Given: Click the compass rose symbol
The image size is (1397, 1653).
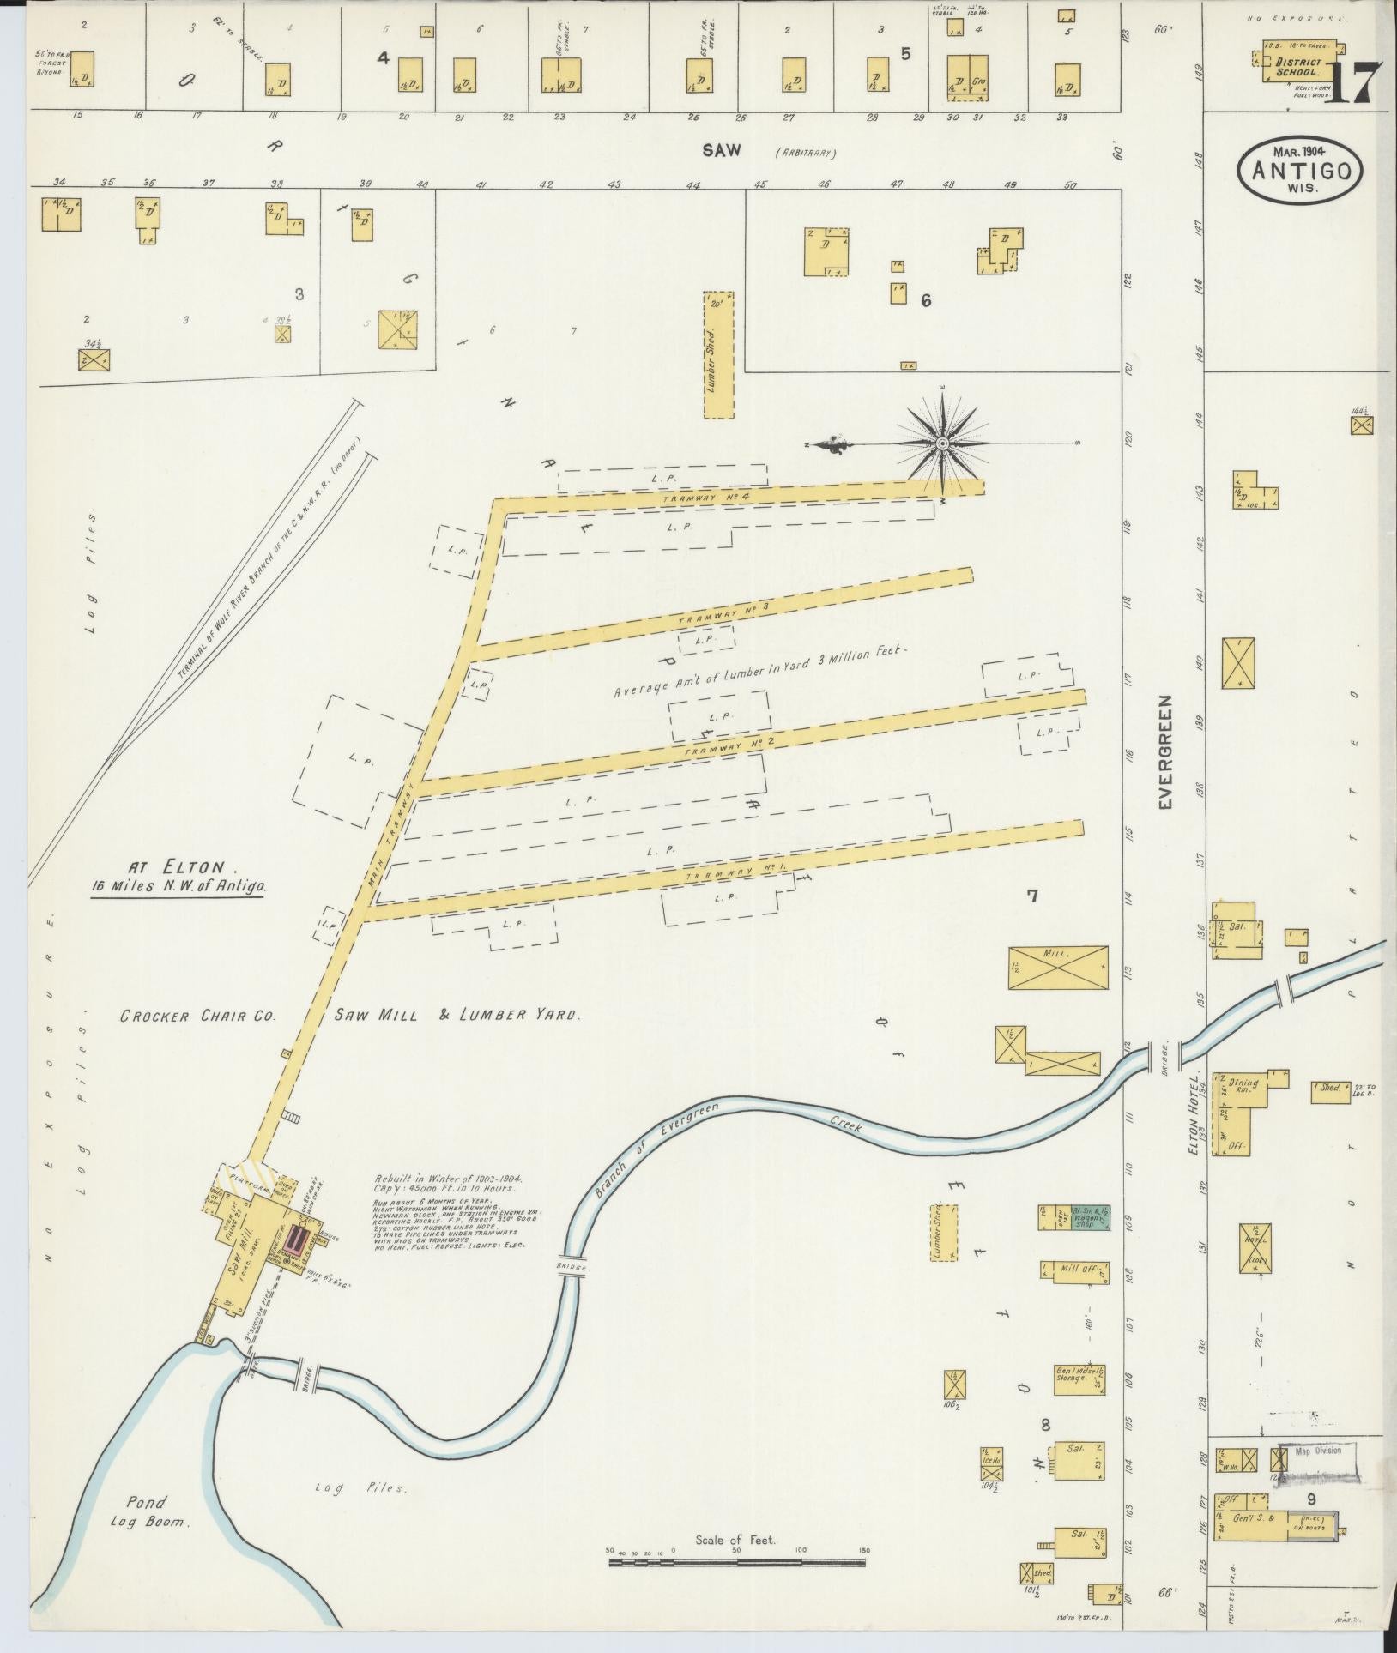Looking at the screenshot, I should click(942, 443).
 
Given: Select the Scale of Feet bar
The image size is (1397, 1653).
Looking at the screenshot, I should click(738, 1563).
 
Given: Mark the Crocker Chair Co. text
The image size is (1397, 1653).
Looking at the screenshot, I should click(197, 1016).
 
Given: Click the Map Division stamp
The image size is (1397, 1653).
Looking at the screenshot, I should click(1316, 1451).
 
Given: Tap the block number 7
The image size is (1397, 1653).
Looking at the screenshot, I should click(1033, 896).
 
